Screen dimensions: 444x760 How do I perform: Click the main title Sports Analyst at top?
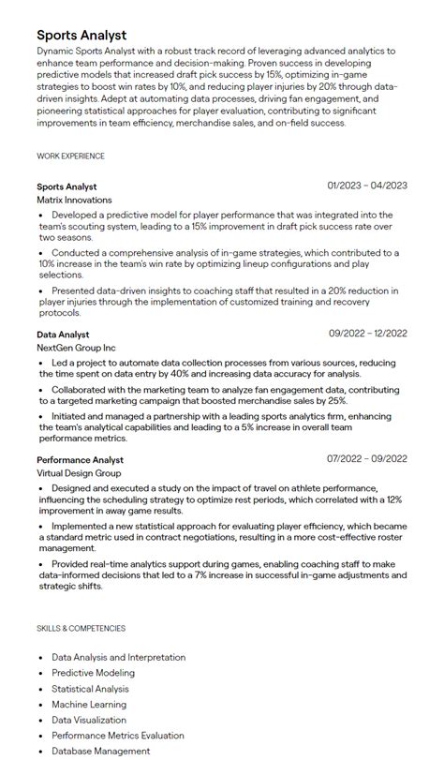coord(81,35)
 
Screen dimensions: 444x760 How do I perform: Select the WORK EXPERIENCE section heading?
coord(70,156)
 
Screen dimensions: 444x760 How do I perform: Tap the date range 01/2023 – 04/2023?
coord(367,186)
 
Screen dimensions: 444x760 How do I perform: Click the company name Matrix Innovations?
coord(74,200)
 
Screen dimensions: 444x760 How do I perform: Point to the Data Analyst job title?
coord(63,334)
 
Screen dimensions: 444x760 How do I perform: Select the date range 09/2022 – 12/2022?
coord(367,333)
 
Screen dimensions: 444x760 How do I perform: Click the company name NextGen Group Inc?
coord(76,348)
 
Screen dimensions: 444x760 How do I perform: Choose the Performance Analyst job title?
coord(80,460)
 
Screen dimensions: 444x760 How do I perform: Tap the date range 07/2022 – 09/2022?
coord(367,459)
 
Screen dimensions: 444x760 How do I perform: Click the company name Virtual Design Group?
coord(79,474)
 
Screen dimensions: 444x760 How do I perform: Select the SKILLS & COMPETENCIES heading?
coord(81,628)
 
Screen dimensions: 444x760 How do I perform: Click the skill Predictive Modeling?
coord(93,673)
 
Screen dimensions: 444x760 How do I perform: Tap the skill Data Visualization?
coord(89,720)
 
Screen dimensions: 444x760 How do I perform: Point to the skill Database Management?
coord(100,751)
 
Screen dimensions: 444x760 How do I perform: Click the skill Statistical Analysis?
coord(91,689)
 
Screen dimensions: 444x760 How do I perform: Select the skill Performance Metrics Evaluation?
coord(118,736)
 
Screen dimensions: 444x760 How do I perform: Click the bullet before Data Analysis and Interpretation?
coord(41,658)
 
